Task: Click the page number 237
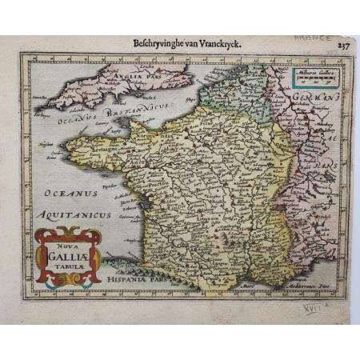[342, 46]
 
